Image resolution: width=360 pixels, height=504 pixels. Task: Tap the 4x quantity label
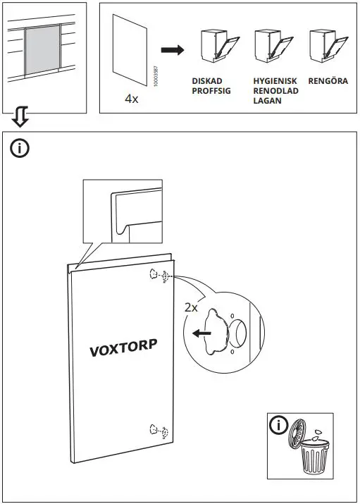[x=131, y=99]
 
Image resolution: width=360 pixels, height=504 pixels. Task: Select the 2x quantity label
[x=191, y=307]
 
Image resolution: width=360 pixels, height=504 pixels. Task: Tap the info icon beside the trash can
[x=280, y=425]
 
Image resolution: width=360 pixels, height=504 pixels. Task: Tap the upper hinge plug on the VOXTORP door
[x=157, y=276]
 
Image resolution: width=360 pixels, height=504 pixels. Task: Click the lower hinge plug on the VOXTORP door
[x=157, y=429]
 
